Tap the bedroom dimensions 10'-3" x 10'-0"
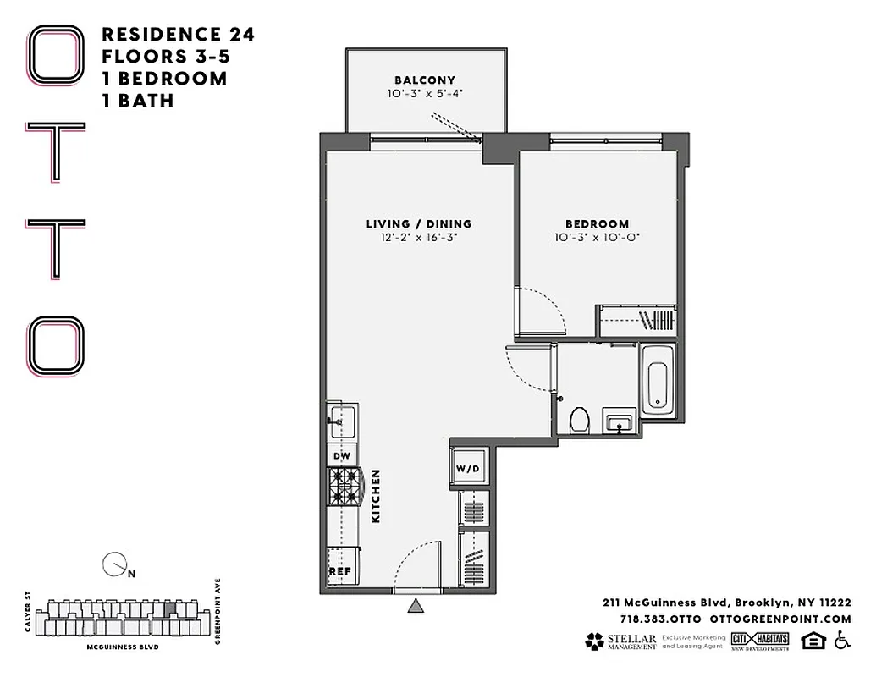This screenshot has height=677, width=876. pyautogui.click(x=597, y=237)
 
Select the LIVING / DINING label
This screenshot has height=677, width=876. pyautogui.click(x=419, y=224)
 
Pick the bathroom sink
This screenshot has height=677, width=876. pyautogui.click(x=619, y=420)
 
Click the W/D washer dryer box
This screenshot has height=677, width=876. pyautogui.click(x=467, y=467)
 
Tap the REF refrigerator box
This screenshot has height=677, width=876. pyautogui.click(x=340, y=571)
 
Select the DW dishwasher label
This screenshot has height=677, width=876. pyautogui.click(x=341, y=456)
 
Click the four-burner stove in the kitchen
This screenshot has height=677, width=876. pyautogui.click(x=344, y=487)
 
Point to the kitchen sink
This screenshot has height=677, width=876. pyautogui.click(x=341, y=419)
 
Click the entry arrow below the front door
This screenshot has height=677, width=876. pyautogui.click(x=416, y=605)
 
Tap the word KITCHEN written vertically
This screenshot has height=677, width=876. pyautogui.click(x=376, y=496)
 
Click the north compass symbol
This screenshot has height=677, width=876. pyautogui.click(x=113, y=564)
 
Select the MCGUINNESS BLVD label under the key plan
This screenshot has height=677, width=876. pyautogui.click(x=123, y=647)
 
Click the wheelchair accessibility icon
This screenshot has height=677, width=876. pyautogui.click(x=841, y=641)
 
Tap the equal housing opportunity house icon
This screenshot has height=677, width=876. pyautogui.click(x=812, y=641)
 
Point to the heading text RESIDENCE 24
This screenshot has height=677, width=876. pyautogui.click(x=178, y=35)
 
